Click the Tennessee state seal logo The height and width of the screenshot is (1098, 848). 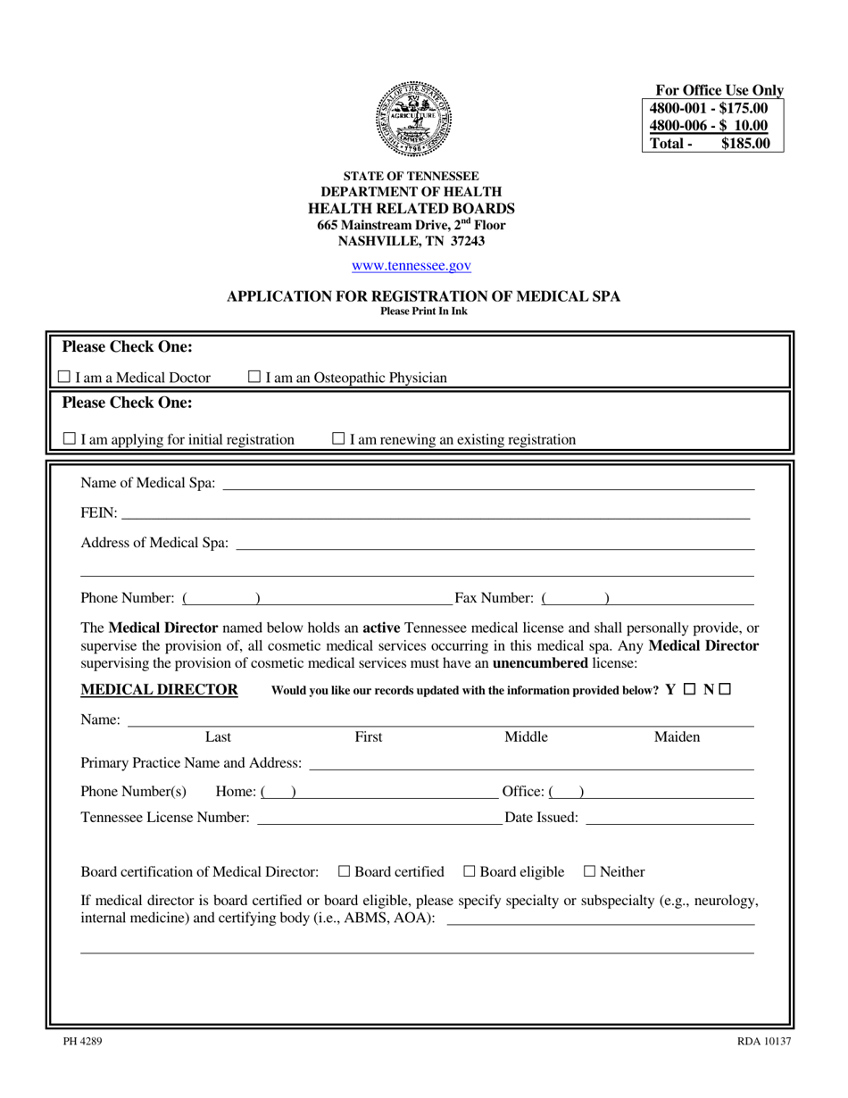click(x=413, y=119)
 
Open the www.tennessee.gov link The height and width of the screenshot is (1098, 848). click(x=412, y=265)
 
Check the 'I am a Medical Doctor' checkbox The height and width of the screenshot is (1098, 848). click(x=63, y=378)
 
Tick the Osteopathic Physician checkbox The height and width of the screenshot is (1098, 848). click(x=254, y=378)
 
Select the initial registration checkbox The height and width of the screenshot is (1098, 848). click(x=70, y=439)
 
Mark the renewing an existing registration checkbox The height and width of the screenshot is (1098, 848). click(x=338, y=439)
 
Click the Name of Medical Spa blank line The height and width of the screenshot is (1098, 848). click(x=487, y=485)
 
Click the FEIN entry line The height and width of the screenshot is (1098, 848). click(x=436, y=514)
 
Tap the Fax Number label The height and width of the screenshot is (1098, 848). click(x=494, y=598)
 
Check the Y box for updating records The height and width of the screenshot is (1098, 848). click(x=689, y=689)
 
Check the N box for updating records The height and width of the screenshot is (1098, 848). click(x=724, y=689)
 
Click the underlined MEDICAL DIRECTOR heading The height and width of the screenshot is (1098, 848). click(x=159, y=689)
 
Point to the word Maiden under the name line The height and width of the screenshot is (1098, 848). click(x=677, y=737)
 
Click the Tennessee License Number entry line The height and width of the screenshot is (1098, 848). click(x=378, y=819)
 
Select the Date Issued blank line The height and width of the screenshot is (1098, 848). click(x=669, y=819)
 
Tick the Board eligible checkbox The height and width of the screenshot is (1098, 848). click(x=470, y=872)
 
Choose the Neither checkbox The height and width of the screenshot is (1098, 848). click(x=589, y=872)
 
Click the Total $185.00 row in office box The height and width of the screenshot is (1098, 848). click(x=711, y=143)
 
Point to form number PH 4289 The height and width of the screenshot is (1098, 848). click(x=76, y=1041)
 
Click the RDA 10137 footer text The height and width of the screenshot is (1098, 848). click(x=763, y=1041)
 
